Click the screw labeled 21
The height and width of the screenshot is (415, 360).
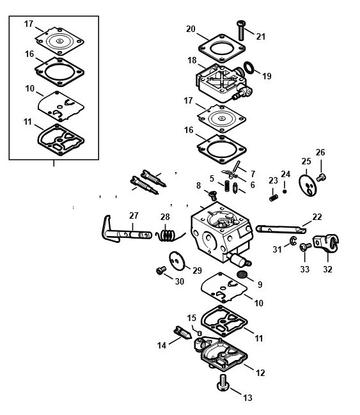[240, 30]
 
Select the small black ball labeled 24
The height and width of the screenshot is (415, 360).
[285, 191]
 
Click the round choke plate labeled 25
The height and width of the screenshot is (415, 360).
[308, 185]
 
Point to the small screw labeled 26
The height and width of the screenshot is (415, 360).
[321, 177]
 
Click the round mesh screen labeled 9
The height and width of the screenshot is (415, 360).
[241, 274]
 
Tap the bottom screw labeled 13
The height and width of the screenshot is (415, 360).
[223, 382]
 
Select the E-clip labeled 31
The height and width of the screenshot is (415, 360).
[293, 241]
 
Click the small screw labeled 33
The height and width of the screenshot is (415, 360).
[305, 247]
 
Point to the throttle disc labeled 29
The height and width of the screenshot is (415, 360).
[177, 261]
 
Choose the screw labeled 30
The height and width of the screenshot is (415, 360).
[161, 270]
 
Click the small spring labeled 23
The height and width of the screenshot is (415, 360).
[274, 198]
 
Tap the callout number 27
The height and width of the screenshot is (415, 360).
[134, 215]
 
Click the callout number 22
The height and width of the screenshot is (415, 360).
[317, 217]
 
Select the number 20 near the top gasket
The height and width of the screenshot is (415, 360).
[191, 29]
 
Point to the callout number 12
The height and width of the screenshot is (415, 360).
[260, 373]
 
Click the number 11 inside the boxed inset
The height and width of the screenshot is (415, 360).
[27, 121]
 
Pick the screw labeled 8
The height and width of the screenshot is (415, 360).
[212, 195]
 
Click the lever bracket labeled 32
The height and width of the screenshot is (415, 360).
[326, 243]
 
